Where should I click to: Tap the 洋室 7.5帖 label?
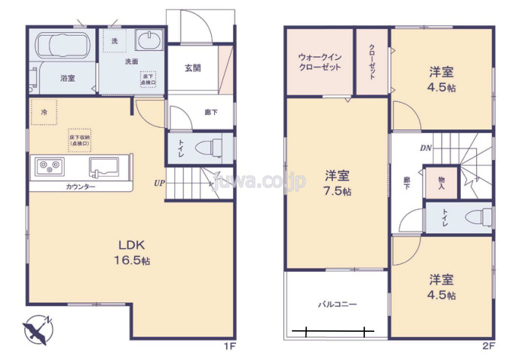coord(335,183)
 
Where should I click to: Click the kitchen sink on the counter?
coord(104,166)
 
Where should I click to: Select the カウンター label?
coord(80,186)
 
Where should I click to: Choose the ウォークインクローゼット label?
coord(319,62)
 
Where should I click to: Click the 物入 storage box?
coord(441,183)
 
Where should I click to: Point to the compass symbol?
coord(37,329)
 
